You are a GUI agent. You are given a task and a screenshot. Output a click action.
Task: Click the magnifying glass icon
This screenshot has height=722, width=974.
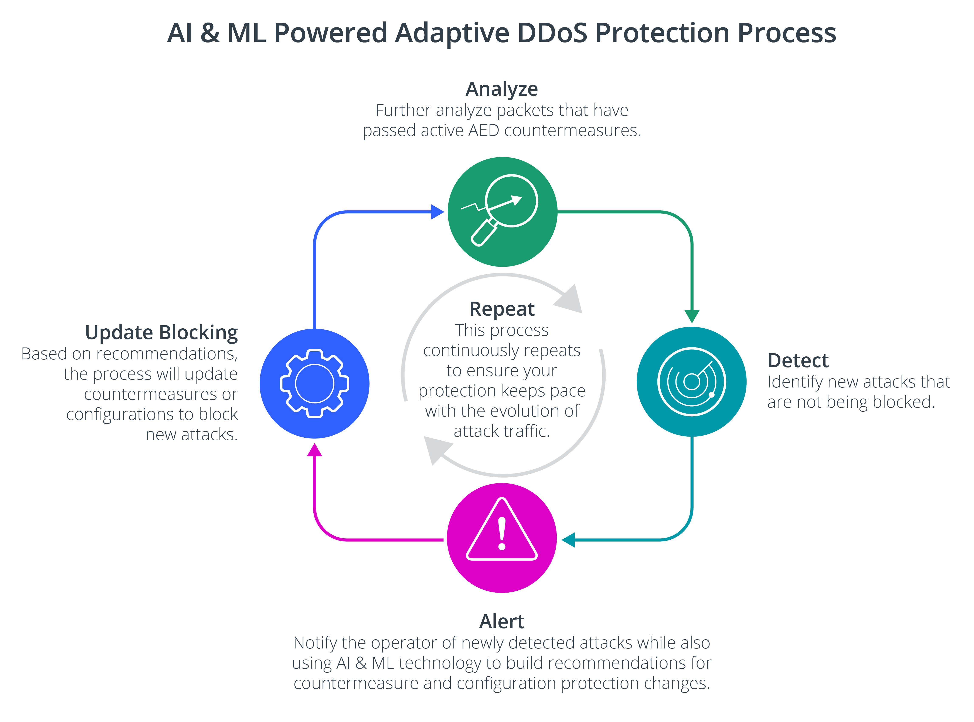tap(503, 210)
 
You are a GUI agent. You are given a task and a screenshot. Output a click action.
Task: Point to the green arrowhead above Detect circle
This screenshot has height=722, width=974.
tap(692, 316)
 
